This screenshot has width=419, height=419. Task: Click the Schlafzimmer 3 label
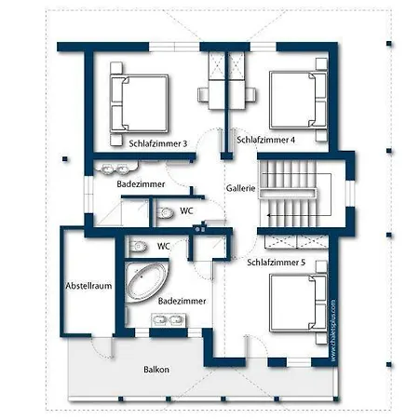[158, 143]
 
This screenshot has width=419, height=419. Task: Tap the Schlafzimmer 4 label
[265, 140]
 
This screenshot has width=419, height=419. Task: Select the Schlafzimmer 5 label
[277, 263]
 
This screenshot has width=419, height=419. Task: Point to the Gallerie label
[240, 188]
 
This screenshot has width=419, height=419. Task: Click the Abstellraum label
[88, 286]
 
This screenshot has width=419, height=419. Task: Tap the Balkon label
[156, 370]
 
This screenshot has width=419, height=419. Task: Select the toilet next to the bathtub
[138, 247]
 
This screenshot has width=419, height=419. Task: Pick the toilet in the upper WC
[165, 213]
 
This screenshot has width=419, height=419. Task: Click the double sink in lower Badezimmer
[169, 319]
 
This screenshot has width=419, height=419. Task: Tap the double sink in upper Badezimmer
[115, 169]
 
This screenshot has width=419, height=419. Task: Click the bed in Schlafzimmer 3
[140, 103]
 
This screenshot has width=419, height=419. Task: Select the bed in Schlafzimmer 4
[298, 100]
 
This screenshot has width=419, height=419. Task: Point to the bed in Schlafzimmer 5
[298, 303]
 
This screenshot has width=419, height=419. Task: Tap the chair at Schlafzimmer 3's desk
[203, 94]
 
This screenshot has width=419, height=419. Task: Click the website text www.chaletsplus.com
[333, 331]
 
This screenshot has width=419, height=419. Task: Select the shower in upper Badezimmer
[122, 212]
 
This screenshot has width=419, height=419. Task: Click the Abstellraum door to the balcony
[102, 347]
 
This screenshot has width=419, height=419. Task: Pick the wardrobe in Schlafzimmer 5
[296, 242]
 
